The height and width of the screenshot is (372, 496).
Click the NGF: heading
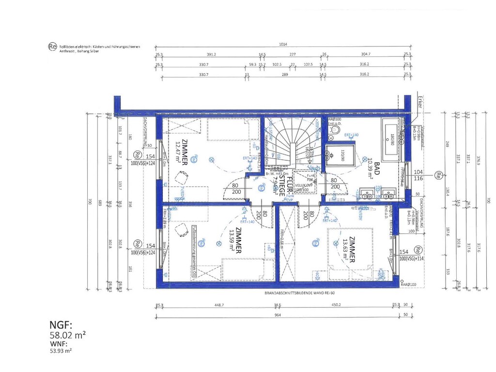pos(62,325)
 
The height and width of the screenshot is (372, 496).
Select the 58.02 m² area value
pos(68,334)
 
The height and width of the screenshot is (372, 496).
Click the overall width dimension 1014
pos(282,45)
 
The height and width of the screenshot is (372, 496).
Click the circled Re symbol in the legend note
pos(52,46)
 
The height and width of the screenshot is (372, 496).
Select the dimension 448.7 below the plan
pos(219,305)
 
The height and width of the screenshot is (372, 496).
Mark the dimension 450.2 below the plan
pos(337,305)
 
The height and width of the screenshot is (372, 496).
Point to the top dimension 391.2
pos(211,55)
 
